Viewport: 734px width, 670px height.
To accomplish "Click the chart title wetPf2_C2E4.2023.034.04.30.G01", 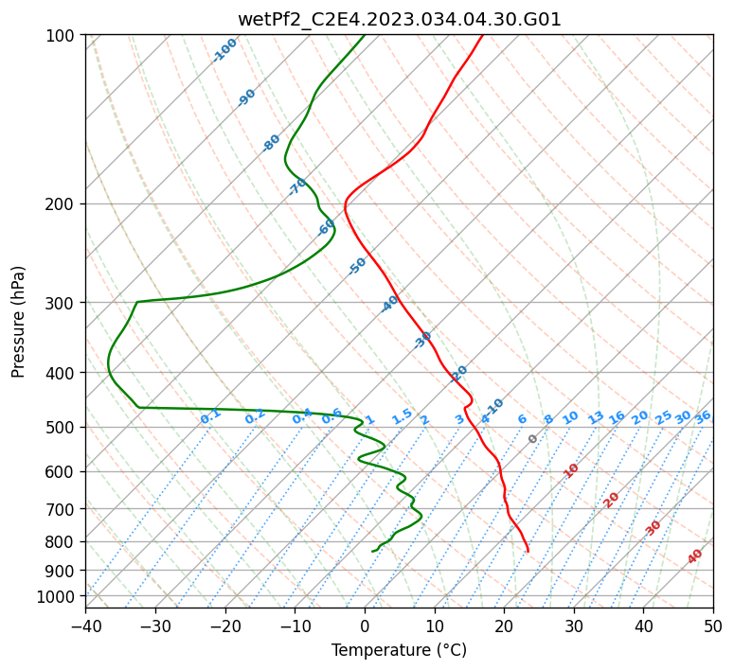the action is (x=400, y=20).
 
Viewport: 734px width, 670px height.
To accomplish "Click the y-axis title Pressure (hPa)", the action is (x=18, y=322).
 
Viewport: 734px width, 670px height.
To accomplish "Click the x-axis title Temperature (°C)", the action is (x=400, y=650).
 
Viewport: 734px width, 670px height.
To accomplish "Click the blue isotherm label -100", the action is (x=224, y=50).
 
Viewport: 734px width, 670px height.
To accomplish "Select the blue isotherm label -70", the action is (x=297, y=186).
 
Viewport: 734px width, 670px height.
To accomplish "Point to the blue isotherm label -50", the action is (x=357, y=266).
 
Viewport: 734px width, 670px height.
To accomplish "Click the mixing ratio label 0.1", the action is (x=210, y=416).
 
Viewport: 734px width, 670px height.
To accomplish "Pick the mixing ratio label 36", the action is (x=703, y=417).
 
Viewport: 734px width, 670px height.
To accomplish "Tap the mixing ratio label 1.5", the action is (x=403, y=416).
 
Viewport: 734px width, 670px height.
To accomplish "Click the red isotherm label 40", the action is (x=694, y=556).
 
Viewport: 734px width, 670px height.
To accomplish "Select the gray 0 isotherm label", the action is (x=532, y=439).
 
